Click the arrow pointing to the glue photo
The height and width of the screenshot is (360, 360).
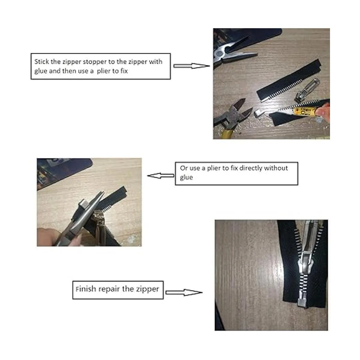coord(192,66)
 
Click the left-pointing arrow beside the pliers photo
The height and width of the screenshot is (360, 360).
coord(161,175)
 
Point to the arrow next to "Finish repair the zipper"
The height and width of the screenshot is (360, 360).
coord(184,292)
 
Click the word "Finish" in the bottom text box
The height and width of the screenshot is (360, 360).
coord(86,289)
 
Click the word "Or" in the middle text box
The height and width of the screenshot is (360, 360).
coord(184,168)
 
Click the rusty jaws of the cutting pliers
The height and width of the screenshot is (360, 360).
coord(241,110)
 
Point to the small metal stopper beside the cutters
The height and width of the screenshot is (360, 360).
coord(259,113)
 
